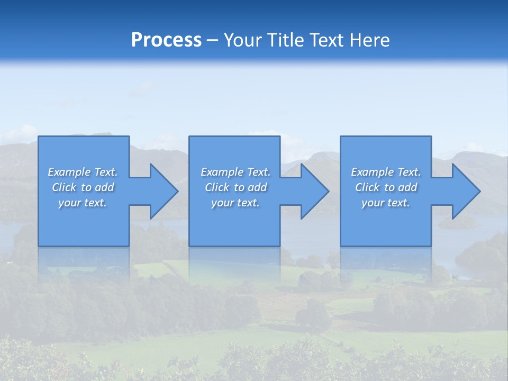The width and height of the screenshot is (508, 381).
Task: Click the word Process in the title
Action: click(166, 40)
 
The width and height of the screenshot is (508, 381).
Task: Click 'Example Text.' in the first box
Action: click(83, 172)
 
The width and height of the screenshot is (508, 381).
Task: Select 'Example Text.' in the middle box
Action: click(235, 172)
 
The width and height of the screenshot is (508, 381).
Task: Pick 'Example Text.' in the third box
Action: click(386, 172)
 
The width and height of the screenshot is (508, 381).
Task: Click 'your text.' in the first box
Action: click(83, 203)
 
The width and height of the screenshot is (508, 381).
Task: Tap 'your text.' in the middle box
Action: click(235, 203)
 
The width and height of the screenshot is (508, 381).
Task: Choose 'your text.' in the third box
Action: click(386, 203)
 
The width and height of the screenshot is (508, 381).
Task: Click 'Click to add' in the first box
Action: click(83, 187)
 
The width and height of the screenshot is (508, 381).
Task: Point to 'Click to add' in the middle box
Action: click(235, 187)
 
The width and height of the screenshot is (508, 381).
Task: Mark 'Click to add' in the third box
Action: click(386, 187)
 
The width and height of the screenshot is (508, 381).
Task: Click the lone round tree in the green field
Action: click(312, 315)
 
